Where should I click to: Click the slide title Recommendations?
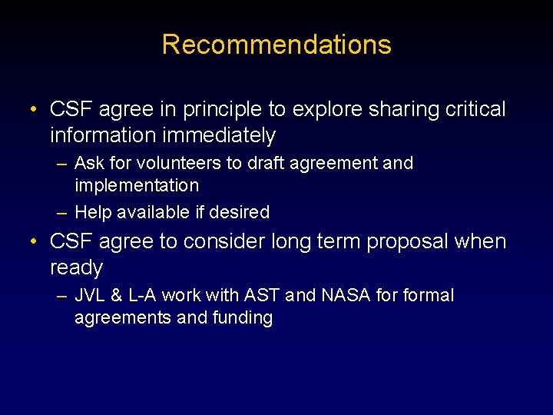coord(276,45)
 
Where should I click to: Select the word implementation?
coord(137,185)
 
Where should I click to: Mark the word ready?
coord(76,268)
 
